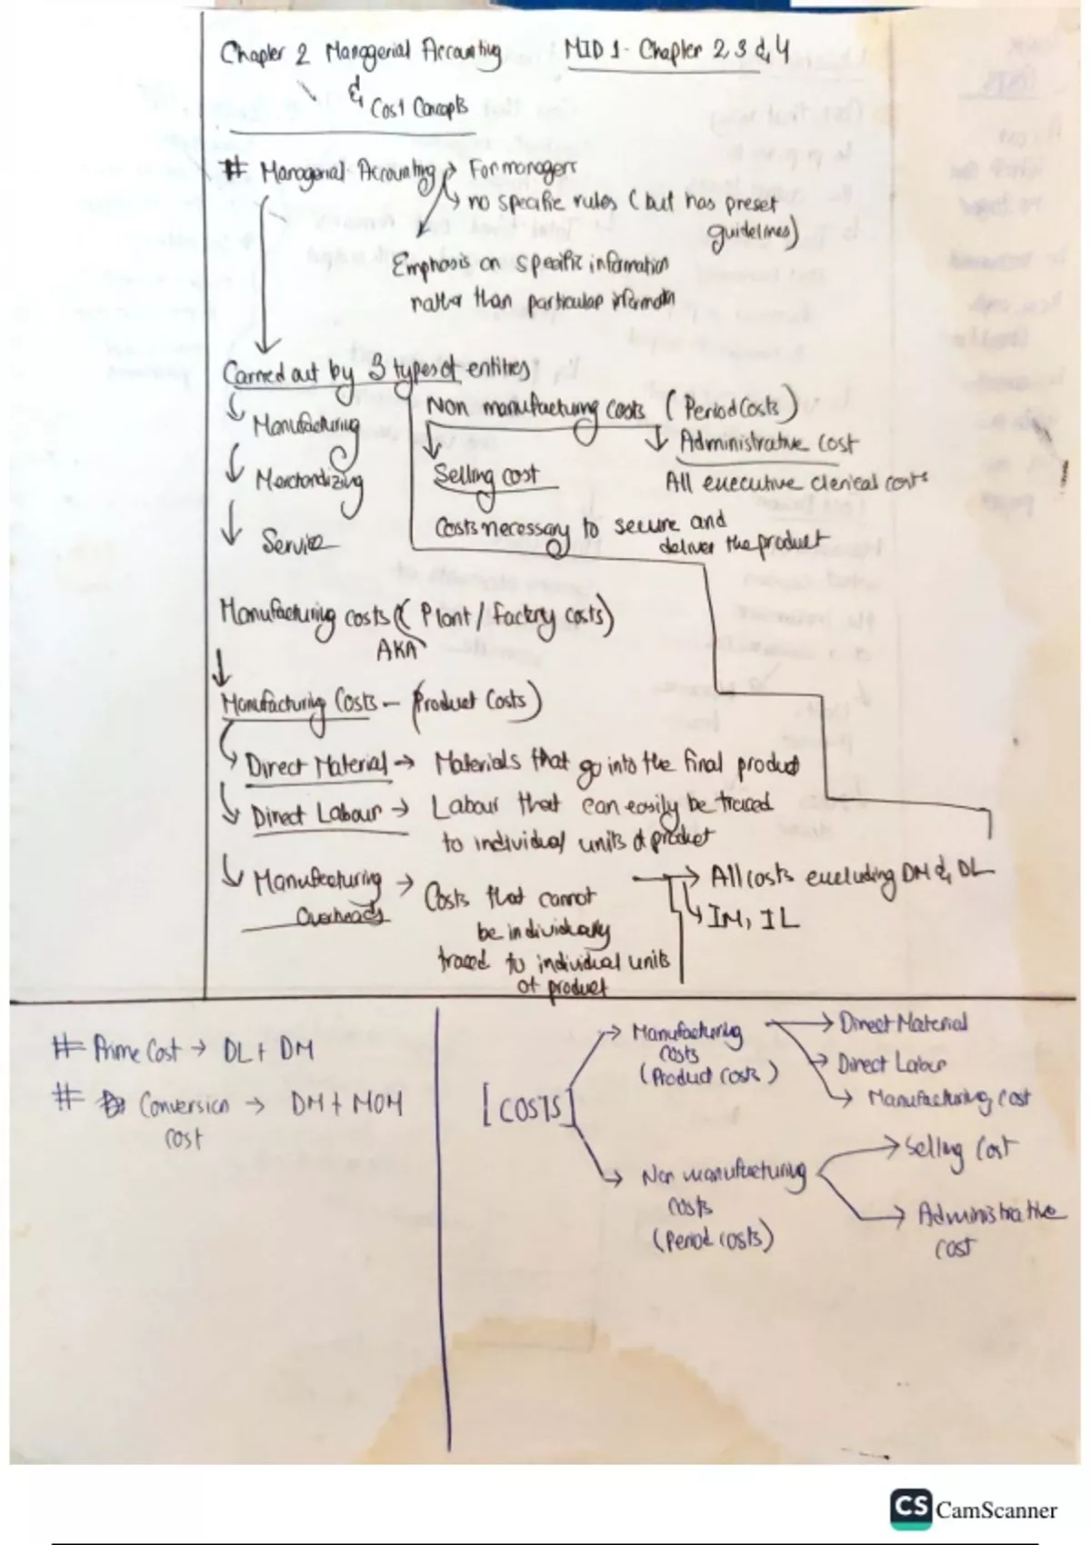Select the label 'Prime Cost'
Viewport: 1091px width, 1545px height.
[136, 1052]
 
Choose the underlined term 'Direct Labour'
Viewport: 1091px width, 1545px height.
[315, 815]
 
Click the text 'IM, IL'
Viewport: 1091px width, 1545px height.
[754, 921]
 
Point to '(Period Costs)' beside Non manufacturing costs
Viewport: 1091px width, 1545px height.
[732, 408]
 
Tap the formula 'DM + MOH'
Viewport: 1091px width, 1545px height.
[346, 1105]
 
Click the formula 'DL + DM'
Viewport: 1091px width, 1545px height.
[268, 1052]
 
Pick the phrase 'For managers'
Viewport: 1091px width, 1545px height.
[522, 169]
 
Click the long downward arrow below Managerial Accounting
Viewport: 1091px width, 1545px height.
[264, 282]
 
